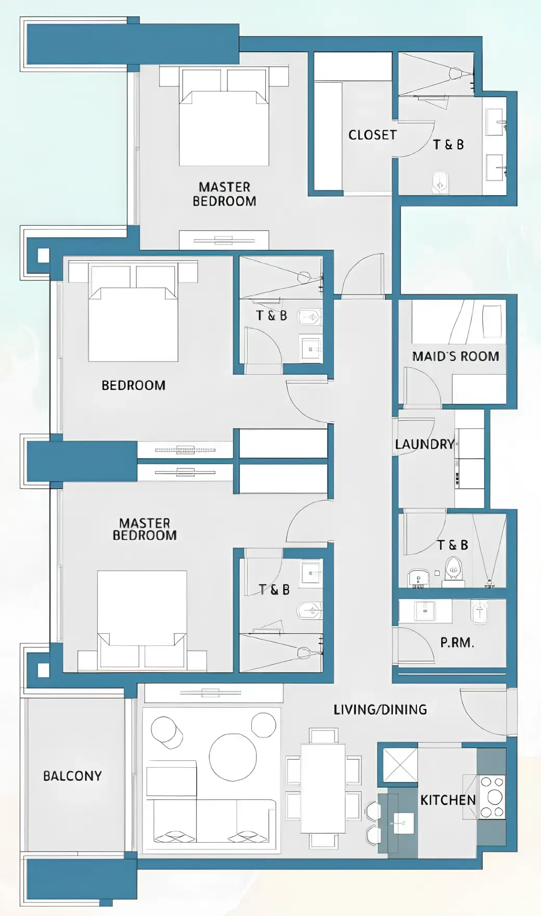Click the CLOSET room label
point(372,135)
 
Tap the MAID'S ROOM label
point(455,357)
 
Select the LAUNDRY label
point(424,444)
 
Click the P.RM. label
point(457,643)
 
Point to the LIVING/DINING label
point(380,709)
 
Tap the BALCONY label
point(72,776)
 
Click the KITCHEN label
point(448,800)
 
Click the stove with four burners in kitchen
point(492,797)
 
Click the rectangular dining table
point(323,788)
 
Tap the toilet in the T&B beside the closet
point(440,182)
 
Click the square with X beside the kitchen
point(400,765)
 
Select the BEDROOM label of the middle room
point(133,386)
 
